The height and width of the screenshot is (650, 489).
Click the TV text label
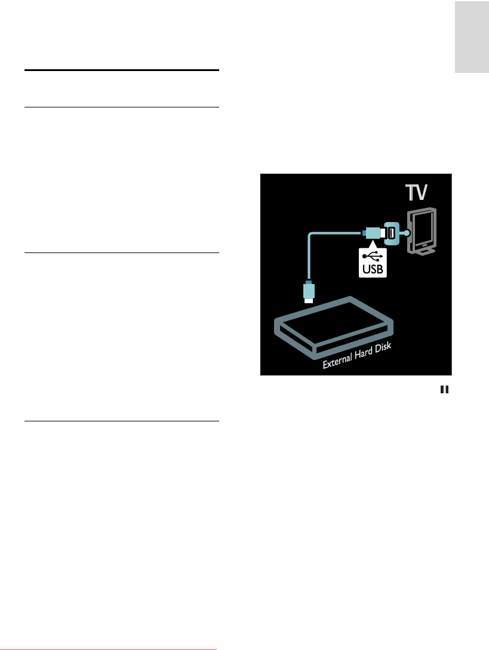pyautogui.click(x=417, y=194)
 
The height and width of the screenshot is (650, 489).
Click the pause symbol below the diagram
pyautogui.click(x=444, y=390)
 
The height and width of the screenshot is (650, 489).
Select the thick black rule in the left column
pyautogui.click(x=122, y=70)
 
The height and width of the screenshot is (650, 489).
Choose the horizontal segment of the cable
pyautogui.click(x=335, y=232)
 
